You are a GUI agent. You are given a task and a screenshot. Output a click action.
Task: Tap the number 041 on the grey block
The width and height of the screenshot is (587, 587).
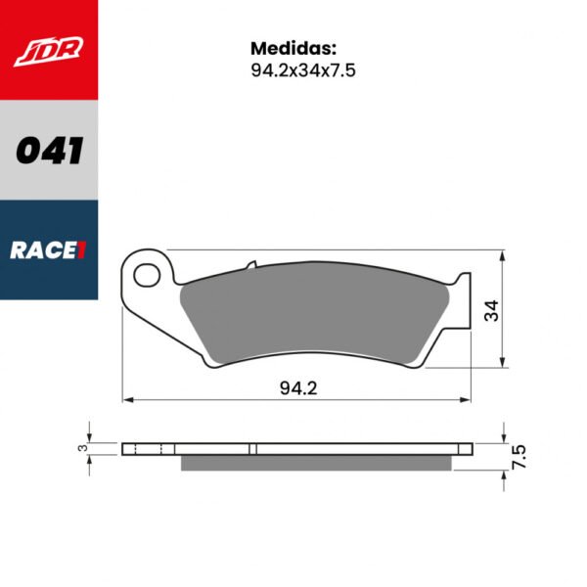coord(48,151)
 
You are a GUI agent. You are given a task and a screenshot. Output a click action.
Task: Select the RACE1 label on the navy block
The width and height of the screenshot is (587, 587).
coord(48,250)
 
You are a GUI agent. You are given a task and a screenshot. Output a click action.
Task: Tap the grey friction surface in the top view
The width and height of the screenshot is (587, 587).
coord(313,313)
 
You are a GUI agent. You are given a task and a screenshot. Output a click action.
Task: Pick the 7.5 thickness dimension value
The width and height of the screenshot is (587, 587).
coord(519,455)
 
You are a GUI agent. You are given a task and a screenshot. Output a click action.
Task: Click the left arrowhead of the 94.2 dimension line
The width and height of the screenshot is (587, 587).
coord(126,399)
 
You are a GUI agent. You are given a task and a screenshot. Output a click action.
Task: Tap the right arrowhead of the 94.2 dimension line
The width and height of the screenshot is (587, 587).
coord(468,399)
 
